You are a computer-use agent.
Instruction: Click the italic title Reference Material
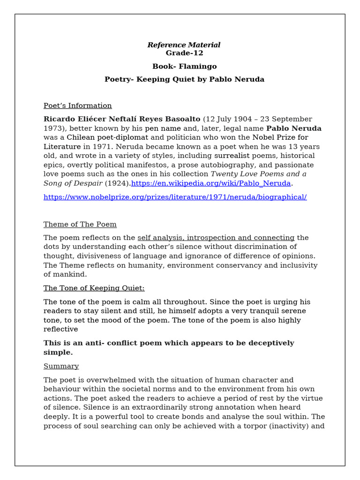[x=184, y=45]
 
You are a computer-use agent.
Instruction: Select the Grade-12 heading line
[x=184, y=53]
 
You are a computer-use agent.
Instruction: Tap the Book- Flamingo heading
[x=184, y=67]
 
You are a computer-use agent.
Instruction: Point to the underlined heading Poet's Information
[x=78, y=105]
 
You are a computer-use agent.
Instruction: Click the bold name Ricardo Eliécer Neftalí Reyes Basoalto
[x=122, y=119]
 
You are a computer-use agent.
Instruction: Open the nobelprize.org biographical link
[x=175, y=197]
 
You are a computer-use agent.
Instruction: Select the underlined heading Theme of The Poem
[x=80, y=224]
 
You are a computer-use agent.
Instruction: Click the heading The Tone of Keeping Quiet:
[x=94, y=288]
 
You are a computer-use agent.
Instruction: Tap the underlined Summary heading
[x=61, y=366]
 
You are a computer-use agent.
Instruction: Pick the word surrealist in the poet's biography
[x=232, y=156]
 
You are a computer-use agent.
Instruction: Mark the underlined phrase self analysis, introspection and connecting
[x=216, y=238]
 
